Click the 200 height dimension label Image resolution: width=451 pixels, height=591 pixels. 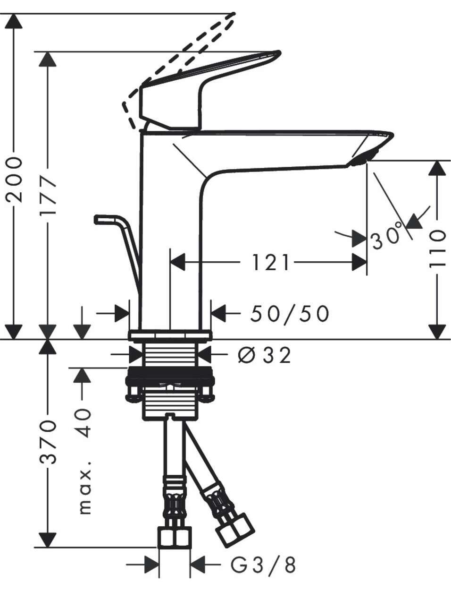[14, 180]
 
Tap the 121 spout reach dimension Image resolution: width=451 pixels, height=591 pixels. [270, 263]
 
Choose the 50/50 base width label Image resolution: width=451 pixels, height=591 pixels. [290, 313]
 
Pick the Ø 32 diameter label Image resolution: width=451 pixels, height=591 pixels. [264, 355]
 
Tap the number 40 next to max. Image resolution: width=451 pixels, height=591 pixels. [84, 423]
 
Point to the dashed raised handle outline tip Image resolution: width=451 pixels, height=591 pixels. [234, 14]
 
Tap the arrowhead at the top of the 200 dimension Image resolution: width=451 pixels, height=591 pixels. [14, 21]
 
